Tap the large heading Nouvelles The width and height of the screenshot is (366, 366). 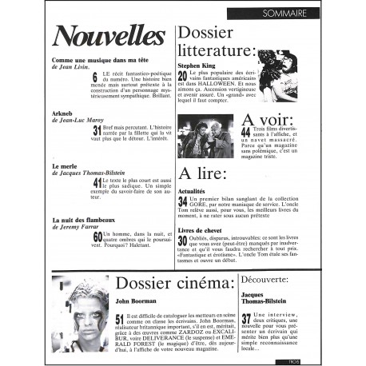(109, 34)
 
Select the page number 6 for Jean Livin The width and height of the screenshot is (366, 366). (96, 78)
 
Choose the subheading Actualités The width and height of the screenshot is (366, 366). (196, 193)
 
